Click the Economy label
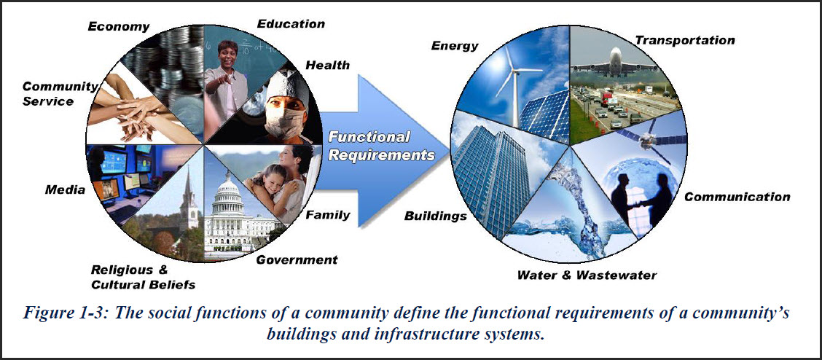118,27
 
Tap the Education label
291,24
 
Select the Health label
327,65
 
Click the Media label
64,191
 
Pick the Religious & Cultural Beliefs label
143,276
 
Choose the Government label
297,260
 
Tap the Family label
327,215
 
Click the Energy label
455,45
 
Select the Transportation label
685,40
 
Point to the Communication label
737,197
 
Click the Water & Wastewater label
586,275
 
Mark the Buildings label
435,216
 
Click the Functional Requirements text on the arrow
381,146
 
